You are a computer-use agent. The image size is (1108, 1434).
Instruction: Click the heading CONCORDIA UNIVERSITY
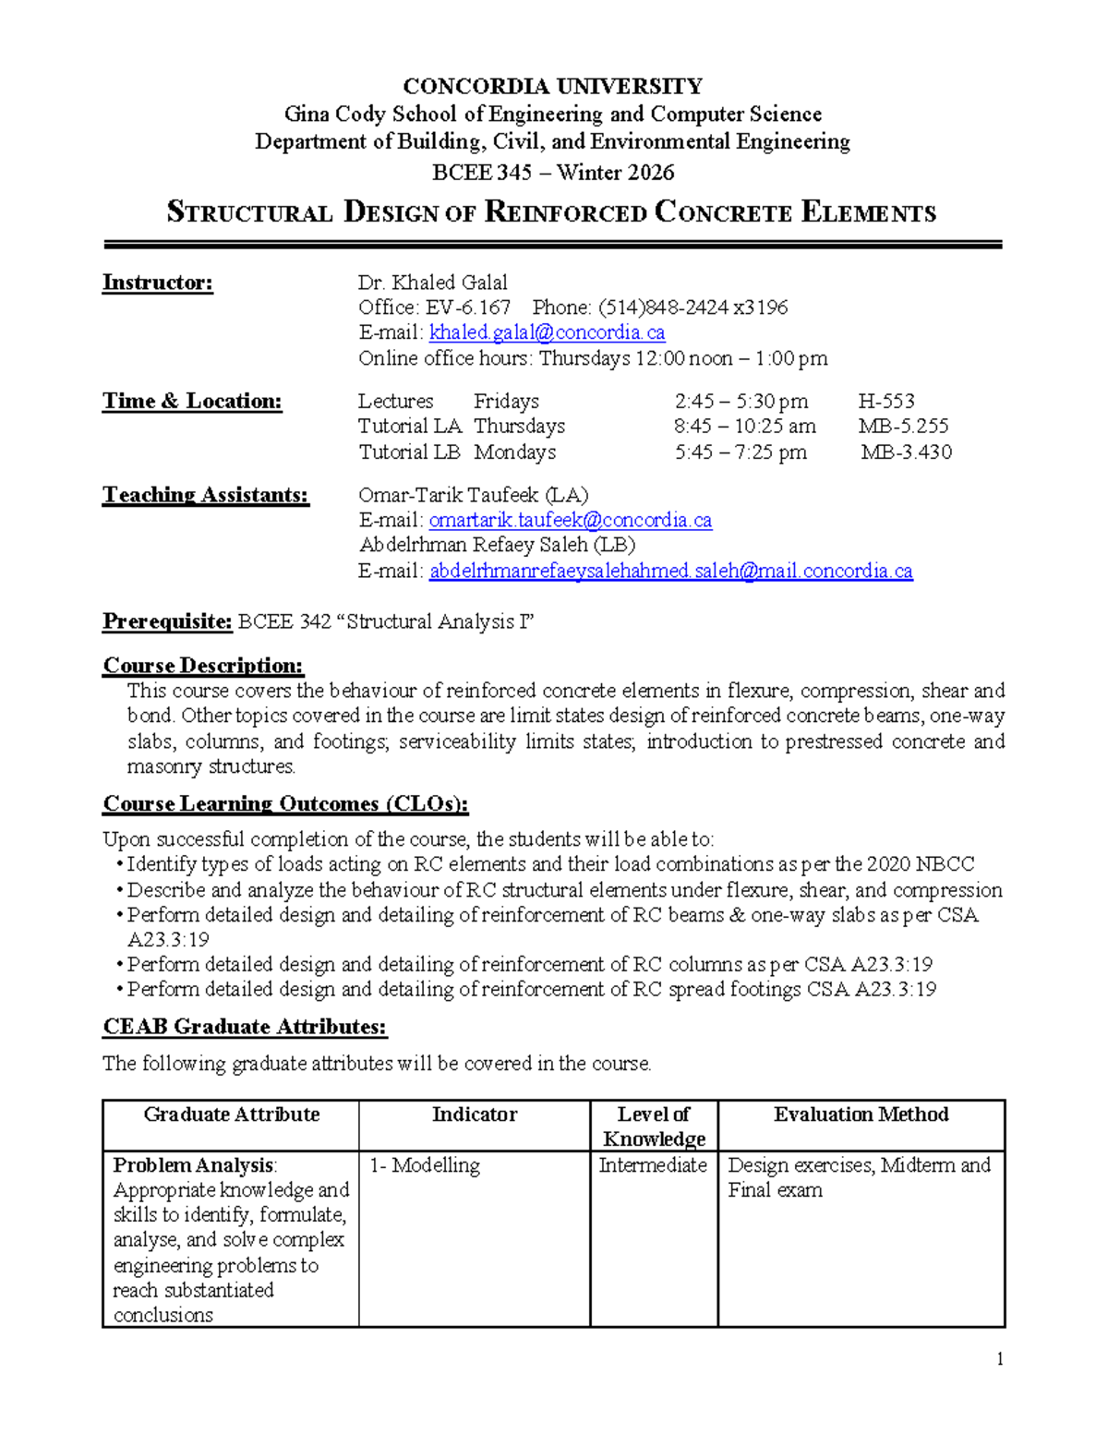552,87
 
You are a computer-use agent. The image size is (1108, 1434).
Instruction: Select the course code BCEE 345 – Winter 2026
553,173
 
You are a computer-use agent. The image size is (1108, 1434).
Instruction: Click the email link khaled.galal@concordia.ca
547,332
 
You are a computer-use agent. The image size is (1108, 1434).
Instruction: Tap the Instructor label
157,283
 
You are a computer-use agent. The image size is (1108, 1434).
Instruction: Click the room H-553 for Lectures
885,402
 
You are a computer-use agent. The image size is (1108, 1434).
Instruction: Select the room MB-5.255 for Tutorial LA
903,427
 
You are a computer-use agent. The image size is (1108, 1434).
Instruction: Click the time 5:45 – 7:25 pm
740,452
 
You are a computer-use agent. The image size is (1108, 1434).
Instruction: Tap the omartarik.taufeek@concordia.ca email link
570,521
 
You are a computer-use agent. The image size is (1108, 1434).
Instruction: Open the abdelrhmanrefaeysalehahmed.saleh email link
670,572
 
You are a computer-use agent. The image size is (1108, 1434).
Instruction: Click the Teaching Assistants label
205,495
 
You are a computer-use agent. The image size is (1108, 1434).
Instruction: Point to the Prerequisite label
167,621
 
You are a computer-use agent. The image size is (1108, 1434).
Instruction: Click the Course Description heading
203,666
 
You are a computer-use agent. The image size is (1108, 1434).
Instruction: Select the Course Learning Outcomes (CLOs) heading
285,804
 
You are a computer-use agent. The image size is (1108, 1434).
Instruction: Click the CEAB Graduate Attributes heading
245,1027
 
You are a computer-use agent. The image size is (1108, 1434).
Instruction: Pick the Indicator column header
474,1115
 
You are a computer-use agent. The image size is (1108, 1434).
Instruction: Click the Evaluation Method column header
861,1115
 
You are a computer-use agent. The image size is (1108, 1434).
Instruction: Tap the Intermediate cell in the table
652,1165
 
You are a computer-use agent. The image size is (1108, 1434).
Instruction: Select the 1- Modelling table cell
425,1165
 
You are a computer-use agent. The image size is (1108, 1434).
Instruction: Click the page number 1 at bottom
999,1358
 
